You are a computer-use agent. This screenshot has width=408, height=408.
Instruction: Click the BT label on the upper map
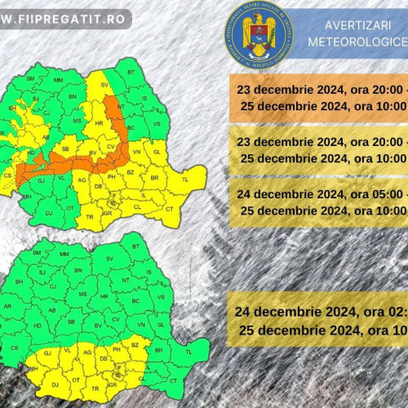(131, 73)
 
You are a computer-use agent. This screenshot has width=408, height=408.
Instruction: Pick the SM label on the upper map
(32, 78)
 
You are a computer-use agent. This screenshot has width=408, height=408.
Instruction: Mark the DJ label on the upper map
(49, 213)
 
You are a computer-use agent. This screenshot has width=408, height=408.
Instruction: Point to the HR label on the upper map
(100, 123)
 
